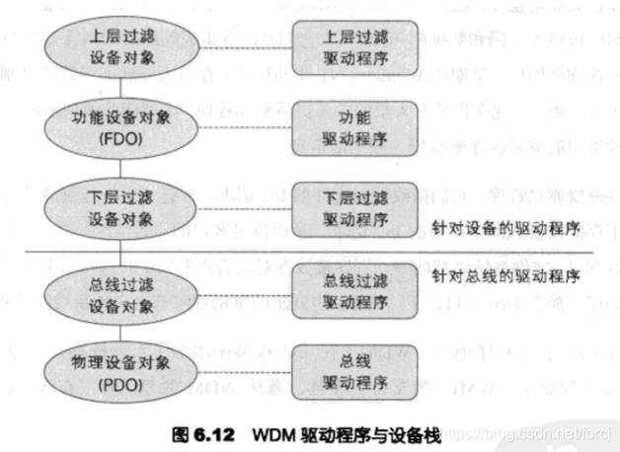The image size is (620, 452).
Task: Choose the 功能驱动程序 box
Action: (353, 127)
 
